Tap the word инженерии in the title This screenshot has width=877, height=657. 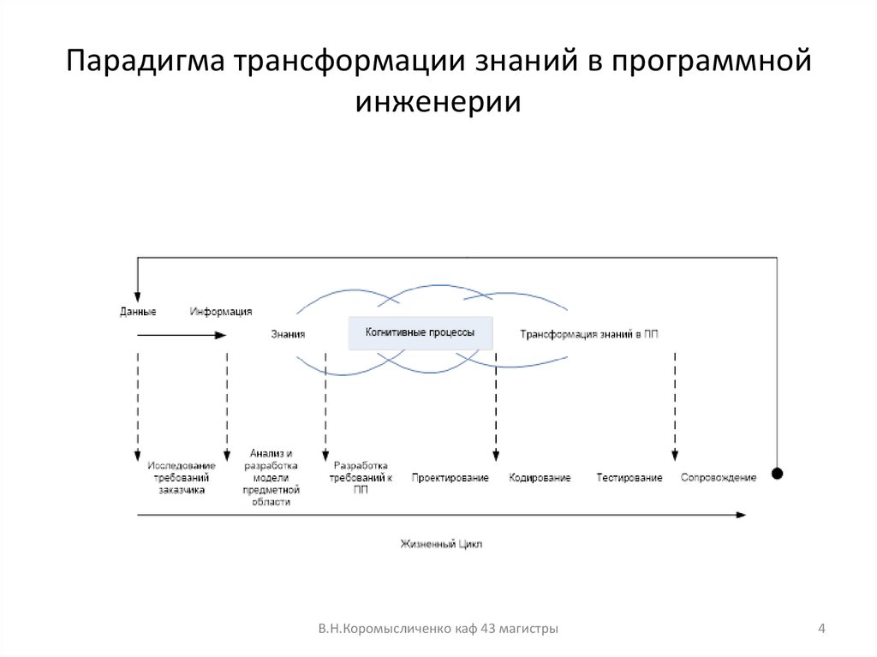point(438,102)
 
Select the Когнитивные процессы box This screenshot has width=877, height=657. point(420,332)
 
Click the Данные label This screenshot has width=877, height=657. point(137,312)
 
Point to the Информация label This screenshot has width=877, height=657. point(221,312)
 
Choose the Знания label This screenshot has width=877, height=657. point(288,335)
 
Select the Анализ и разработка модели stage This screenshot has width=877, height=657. point(271,477)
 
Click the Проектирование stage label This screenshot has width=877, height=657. point(450,478)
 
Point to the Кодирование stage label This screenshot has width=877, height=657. point(540,478)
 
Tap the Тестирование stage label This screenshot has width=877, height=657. point(629,478)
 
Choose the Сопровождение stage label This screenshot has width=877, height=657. point(719,477)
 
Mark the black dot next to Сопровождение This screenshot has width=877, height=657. point(777,474)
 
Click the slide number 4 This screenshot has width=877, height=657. point(821,630)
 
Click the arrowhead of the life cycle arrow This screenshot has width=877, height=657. point(741,515)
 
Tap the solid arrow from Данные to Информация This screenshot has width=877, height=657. point(180,336)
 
